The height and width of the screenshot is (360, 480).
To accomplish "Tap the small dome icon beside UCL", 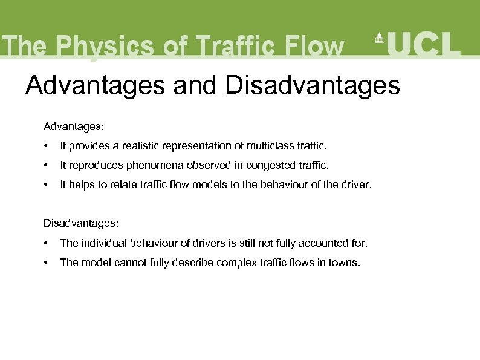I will [x=379, y=38].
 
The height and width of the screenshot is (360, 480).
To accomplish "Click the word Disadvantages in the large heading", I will [x=312, y=85].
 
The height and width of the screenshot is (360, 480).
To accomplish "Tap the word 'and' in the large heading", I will [x=194, y=85].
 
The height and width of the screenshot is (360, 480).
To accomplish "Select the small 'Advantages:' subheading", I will [x=74, y=126].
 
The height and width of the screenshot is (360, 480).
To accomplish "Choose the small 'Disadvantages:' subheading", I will [x=81, y=223].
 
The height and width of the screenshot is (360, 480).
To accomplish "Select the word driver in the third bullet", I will [x=357, y=185].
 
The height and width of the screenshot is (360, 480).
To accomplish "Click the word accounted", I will [x=319, y=243].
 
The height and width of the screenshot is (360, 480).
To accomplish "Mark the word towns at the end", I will [x=343, y=262].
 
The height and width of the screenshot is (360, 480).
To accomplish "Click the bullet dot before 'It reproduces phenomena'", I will [x=46, y=165].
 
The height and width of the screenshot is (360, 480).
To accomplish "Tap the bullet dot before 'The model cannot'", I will [x=46, y=263].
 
